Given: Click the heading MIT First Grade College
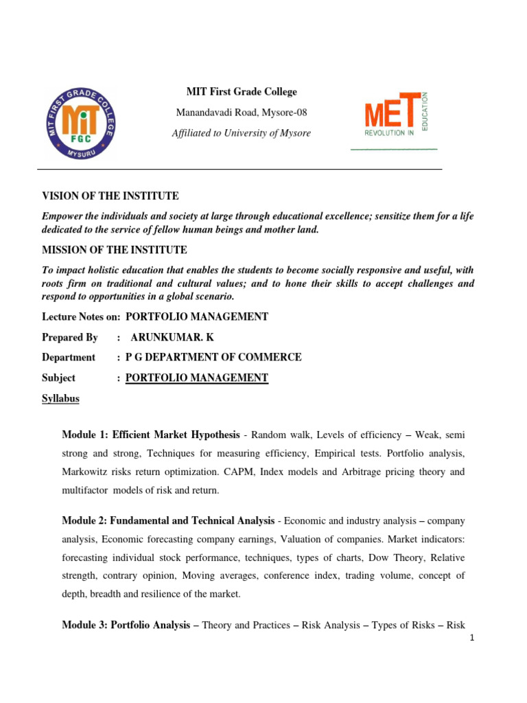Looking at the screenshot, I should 242,92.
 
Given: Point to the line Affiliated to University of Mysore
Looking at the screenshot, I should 241,133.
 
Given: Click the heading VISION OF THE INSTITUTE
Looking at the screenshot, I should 110,196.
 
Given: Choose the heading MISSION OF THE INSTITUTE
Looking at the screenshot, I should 114,250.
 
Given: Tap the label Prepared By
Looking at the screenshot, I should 70,337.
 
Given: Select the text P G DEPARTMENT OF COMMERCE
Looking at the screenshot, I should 213,357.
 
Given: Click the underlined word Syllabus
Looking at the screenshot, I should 61,398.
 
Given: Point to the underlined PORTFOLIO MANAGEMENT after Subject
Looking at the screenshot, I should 197,378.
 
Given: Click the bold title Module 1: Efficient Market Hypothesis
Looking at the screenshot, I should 150,435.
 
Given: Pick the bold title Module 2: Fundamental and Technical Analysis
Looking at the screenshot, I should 168,522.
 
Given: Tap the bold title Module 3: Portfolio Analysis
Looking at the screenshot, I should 125,625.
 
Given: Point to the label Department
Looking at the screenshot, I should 69,357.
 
